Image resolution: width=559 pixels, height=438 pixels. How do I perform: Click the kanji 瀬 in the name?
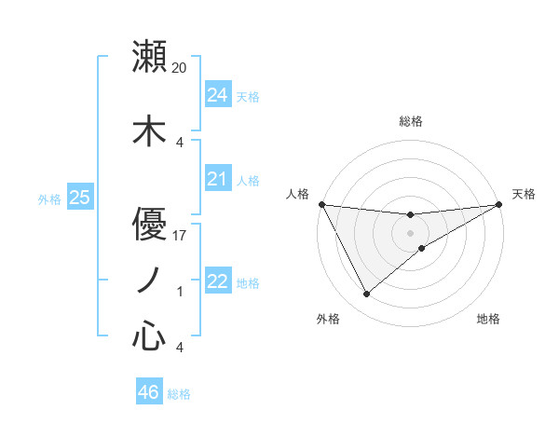pos(149,57)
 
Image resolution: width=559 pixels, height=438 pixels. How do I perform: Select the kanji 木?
pos(149,130)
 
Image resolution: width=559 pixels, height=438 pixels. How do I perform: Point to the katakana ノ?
pos(149,279)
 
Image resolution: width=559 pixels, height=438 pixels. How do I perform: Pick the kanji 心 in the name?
pos(149,335)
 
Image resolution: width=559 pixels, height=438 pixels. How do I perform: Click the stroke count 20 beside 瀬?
pos(180,68)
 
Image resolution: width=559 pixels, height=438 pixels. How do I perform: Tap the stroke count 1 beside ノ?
pos(180,292)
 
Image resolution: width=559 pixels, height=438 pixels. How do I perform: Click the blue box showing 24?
pos(217,95)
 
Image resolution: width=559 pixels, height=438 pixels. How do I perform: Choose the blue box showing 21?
pos(217,179)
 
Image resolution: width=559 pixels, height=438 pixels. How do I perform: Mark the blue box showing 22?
pos(217,281)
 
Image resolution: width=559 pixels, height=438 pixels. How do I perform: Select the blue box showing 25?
pos(79,198)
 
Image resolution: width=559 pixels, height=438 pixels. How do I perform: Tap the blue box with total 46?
pos(148,392)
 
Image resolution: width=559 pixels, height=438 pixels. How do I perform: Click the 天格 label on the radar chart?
pos(524,194)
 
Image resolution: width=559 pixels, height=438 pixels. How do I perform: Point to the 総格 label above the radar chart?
pos(411,121)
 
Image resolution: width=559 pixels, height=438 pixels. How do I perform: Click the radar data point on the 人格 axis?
pos(321,204)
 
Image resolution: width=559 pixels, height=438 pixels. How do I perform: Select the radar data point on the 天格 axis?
pos(499,205)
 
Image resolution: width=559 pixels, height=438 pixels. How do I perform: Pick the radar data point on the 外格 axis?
pos(367,294)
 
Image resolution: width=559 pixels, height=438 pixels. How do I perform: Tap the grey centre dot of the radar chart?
pos(411,231)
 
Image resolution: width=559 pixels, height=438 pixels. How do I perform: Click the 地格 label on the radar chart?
pos(488,319)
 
